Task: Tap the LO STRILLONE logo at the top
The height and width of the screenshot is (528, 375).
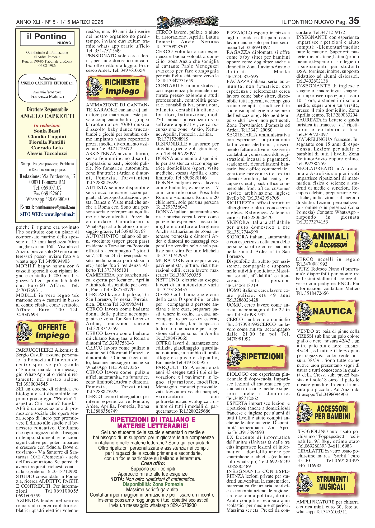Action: click(187, 21)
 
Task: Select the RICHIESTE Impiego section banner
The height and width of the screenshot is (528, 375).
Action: click(117, 87)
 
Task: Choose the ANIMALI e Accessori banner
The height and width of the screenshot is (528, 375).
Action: click(327, 240)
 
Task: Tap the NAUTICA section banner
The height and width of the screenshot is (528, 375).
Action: click(327, 312)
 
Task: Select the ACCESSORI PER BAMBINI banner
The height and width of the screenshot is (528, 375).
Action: click(327, 413)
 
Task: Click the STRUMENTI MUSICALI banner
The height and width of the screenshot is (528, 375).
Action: click(327, 483)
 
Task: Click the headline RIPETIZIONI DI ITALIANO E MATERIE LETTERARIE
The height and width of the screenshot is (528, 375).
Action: click(153, 422)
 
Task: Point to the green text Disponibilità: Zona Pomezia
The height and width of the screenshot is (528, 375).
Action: click(153, 484)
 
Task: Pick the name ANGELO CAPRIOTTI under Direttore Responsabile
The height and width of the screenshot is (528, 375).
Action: click(47, 116)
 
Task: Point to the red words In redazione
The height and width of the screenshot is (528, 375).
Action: click(47, 125)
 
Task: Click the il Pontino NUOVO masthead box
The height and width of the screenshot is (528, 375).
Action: click(47, 39)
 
